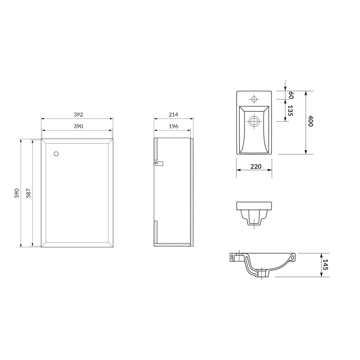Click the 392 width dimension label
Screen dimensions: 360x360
pyautogui.click(x=78, y=115)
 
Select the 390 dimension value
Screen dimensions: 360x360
pyautogui.click(x=78, y=126)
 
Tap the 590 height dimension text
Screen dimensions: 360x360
pyautogui.click(x=17, y=193)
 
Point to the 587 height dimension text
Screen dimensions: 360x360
pyautogui.click(x=28, y=193)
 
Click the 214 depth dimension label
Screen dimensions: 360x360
pyautogui.click(x=173, y=115)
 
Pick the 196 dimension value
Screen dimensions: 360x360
pyautogui.click(x=173, y=126)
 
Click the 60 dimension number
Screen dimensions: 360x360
pyautogui.click(x=291, y=95)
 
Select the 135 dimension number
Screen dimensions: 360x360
pyautogui.click(x=290, y=111)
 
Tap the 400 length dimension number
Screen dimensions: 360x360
pyautogui.click(x=310, y=121)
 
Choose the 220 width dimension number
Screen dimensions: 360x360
pyautogui.click(x=256, y=166)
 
